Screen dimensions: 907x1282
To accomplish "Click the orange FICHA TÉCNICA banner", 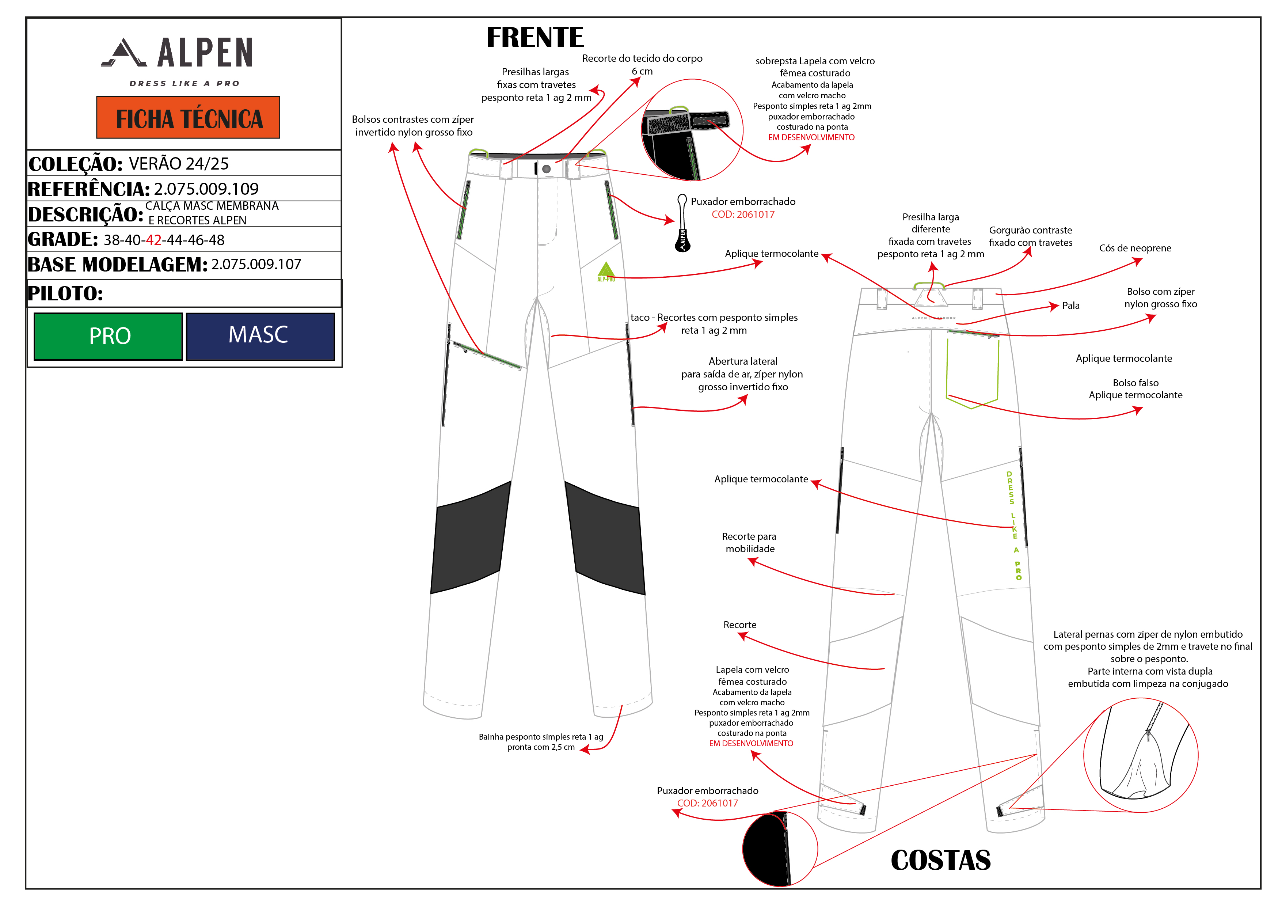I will pos(188,117).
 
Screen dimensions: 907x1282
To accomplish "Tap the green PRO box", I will pos(108,336).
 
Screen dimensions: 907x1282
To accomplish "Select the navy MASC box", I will pos(260,336).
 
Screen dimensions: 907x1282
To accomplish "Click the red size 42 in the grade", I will pos(153,240).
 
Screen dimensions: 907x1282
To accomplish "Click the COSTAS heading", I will pos(940,860).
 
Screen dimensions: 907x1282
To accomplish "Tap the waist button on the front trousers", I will pos(546,169).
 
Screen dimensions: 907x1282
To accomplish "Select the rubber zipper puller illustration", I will pos(682,223).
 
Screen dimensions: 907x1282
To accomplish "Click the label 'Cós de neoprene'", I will pos(1135,248).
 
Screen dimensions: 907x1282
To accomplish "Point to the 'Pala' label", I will pos(1070,306).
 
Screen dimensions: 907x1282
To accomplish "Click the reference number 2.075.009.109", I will pos(206,189).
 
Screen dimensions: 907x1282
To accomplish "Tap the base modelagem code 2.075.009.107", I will pos(256,264).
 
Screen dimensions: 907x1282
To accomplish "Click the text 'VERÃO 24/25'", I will pos(179,164).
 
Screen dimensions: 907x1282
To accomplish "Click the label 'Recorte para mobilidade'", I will pos(749,542).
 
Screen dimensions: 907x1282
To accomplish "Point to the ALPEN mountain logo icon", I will pos(124,53).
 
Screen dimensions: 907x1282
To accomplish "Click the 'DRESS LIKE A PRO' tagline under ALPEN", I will pos(184,84).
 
